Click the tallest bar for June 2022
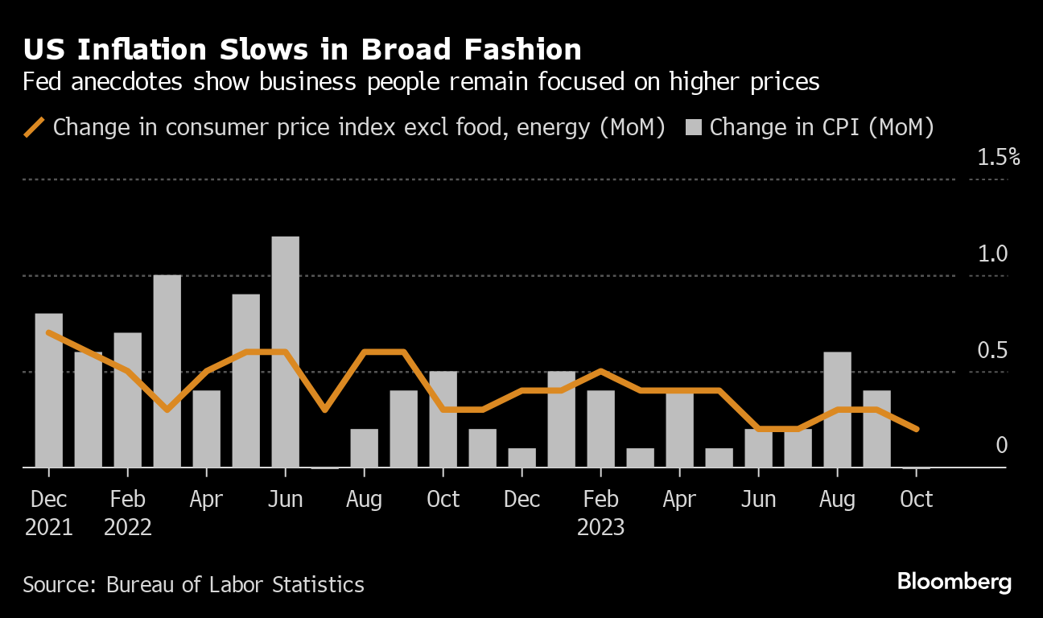285,352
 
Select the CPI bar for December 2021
49,390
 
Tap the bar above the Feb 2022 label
128,400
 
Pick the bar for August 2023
837,410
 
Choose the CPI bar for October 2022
443,419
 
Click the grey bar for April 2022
206,429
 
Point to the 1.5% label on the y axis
998,157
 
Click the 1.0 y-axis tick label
992,254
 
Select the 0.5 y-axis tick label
992,351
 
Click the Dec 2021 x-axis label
49,513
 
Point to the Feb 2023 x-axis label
600,513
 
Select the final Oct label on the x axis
916,500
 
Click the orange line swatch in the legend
35,127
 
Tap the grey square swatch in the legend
695,127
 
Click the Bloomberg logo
954,582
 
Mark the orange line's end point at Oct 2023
916,429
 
